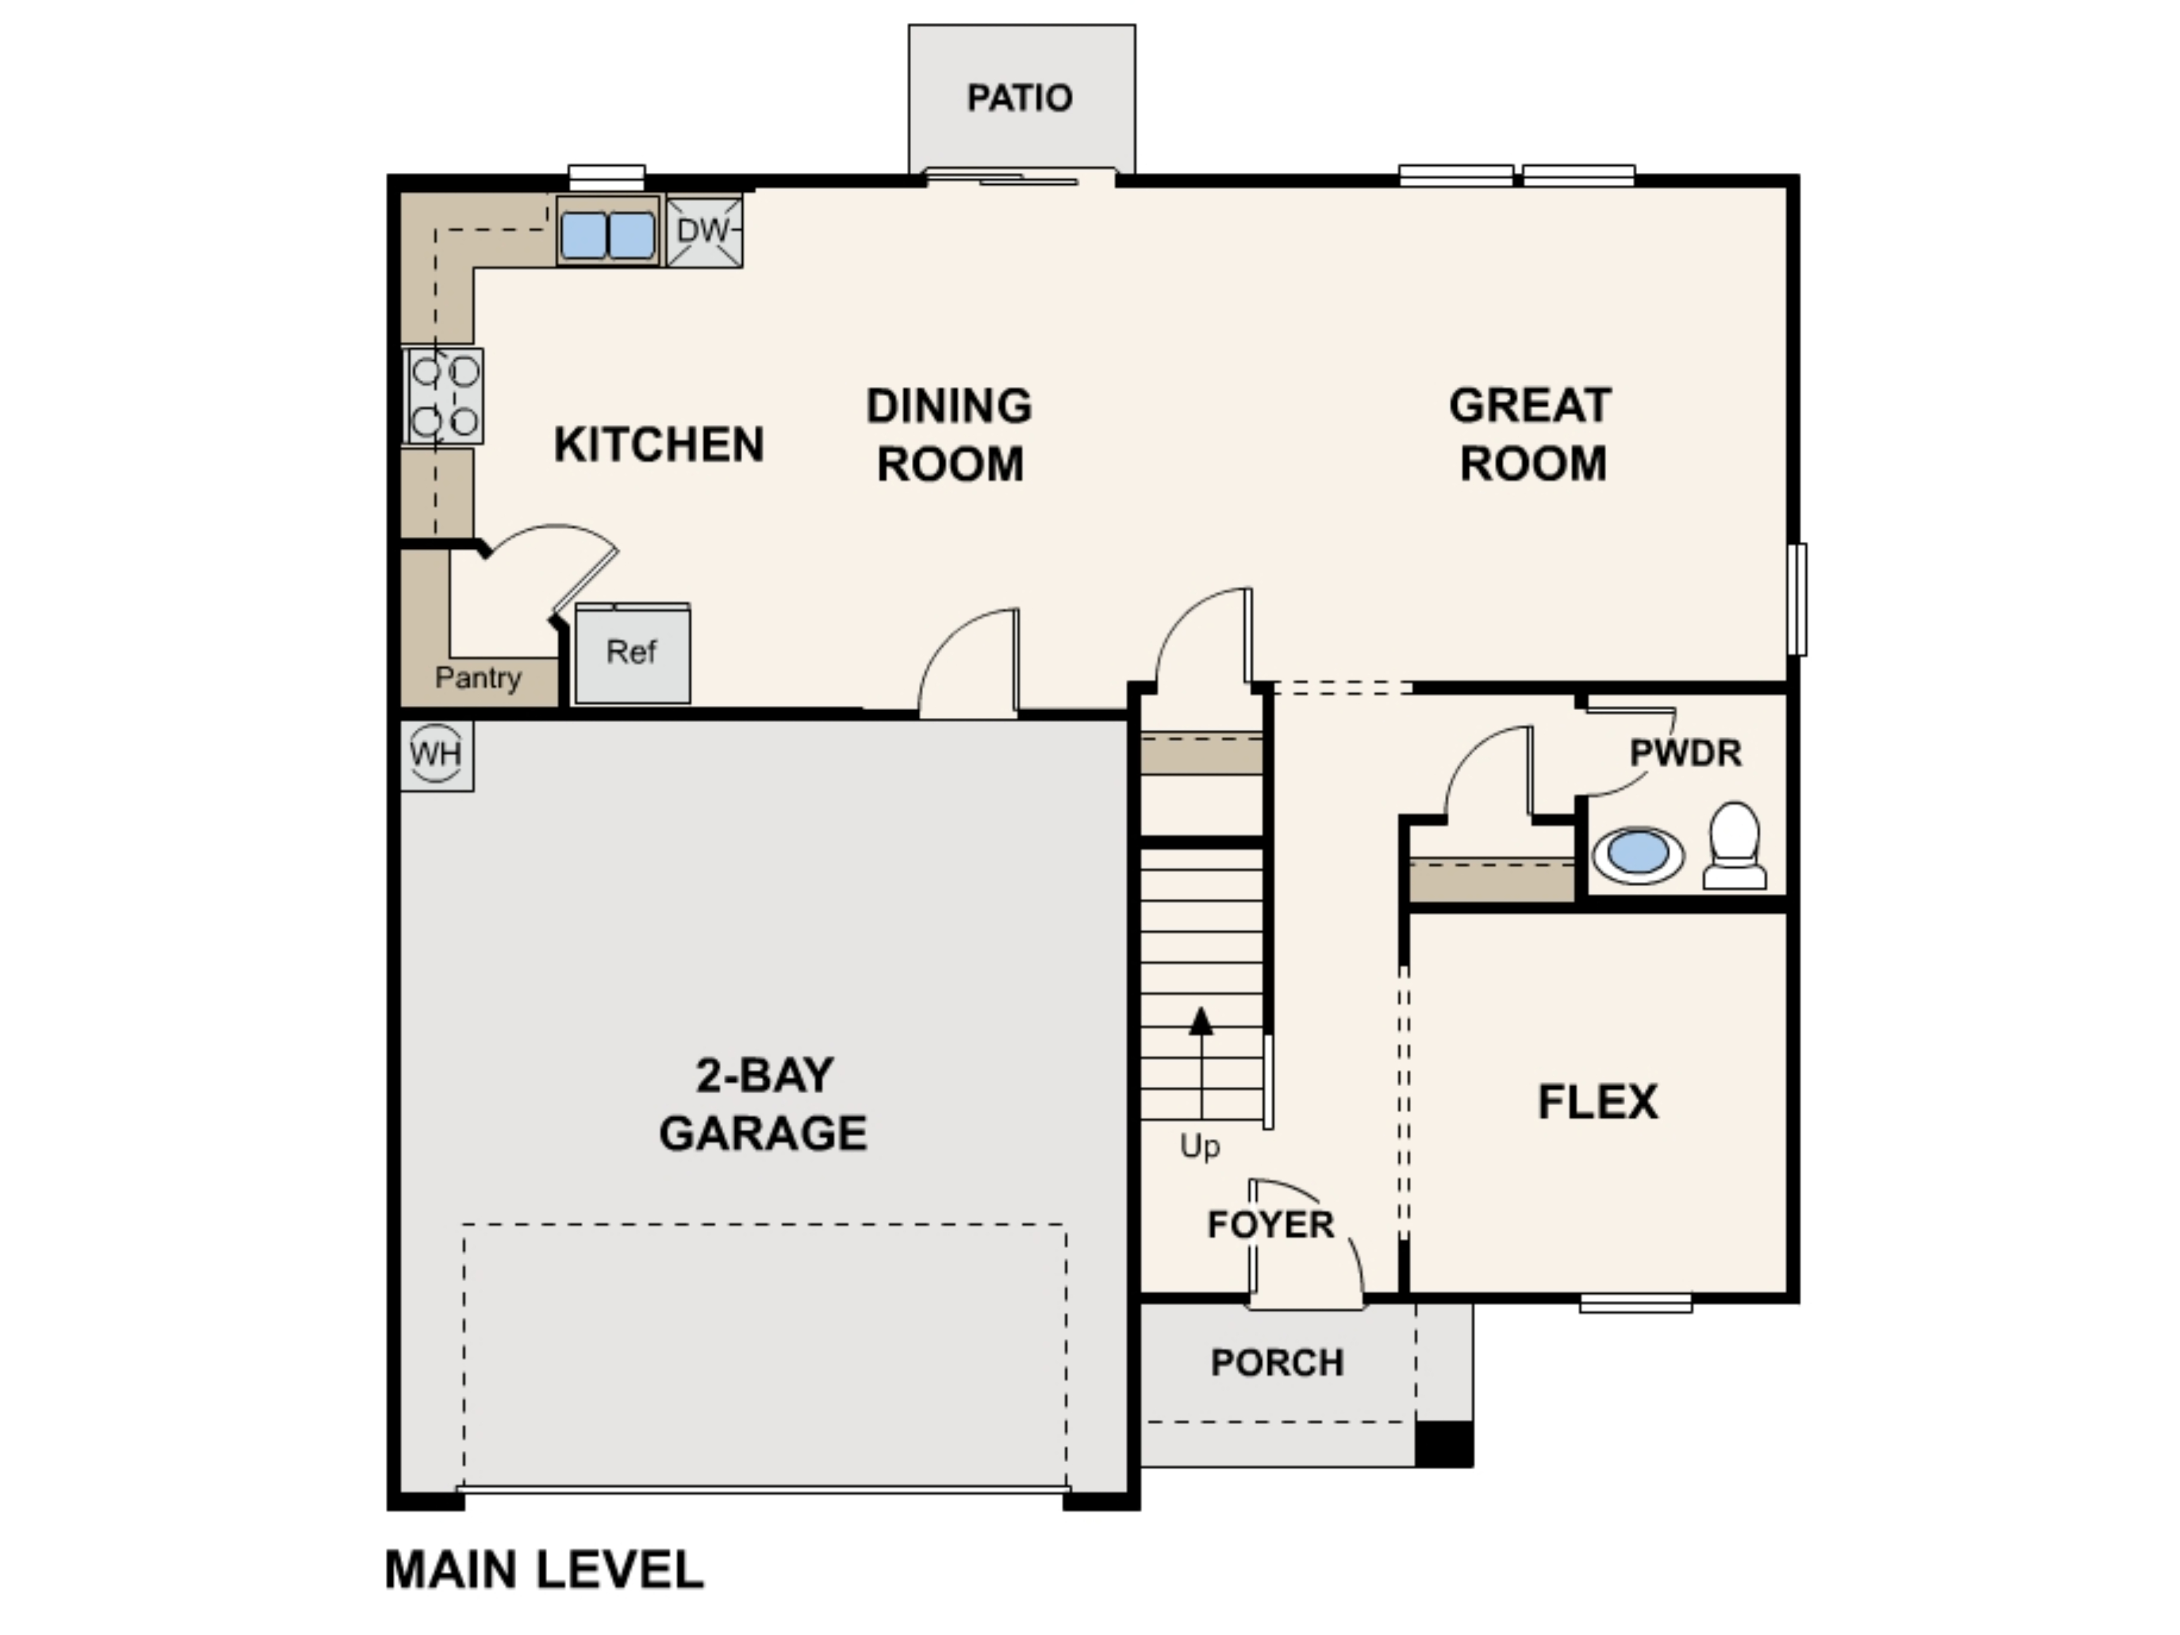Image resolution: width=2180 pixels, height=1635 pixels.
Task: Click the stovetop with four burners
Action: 445,396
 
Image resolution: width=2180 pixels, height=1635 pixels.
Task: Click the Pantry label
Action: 478,678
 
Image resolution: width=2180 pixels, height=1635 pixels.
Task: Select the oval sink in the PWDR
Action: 1638,853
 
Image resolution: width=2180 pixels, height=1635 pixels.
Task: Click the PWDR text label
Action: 1685,754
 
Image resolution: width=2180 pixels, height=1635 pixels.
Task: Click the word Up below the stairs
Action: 1200,1146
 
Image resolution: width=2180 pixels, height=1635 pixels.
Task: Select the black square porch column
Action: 1444,1444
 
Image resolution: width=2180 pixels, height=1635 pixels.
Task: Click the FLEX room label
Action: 1597,1102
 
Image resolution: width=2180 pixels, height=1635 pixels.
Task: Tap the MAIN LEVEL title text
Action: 544,1570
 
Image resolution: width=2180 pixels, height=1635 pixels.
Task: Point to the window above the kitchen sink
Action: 607,177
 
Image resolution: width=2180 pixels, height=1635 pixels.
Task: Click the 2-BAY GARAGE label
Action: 763,1104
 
